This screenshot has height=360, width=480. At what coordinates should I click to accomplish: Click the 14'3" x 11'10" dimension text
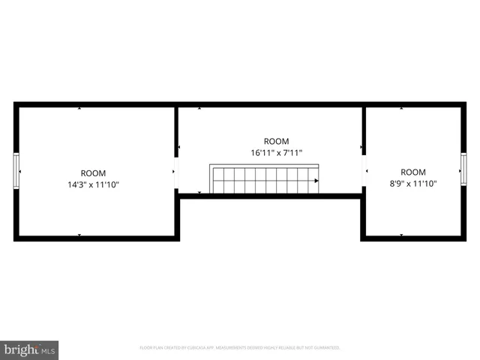pyautogui.click(x=94, y=184)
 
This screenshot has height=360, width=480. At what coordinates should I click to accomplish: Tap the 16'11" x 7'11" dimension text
pyautogui.click(x=276, y=153)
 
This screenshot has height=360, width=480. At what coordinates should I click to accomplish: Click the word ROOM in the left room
pyautogui.click(x=94, y=172)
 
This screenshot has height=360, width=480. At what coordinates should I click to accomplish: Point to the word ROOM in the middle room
pyautogui.click(x=276, y=141)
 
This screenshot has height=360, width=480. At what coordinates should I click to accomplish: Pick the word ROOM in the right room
pyautogui.click(x=412, y=172)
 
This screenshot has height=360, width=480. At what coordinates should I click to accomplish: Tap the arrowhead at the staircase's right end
pyautogui.click(x=316, y=181)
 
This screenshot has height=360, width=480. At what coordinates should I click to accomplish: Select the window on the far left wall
pyautogui.click(x=16, y=171)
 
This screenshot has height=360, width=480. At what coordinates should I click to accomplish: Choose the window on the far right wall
pyautogui.click(x=463, y=171)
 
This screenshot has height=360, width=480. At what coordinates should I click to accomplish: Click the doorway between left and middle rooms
pyautogui.click(x=176, y=171)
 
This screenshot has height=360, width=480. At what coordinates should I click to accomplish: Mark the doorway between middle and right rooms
pyautogui.click(x=364, y=171)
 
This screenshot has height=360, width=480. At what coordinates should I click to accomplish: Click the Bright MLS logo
pyautogui.click(x=29, y=349)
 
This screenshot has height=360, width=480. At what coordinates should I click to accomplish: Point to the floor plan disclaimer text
pyautogui.click(x=240, y=348)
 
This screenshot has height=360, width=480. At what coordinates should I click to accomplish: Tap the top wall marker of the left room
pyautogui.click(x=79, y=109)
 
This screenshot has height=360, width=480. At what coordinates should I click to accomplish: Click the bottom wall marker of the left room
pyautogui.click(x=79, y=235)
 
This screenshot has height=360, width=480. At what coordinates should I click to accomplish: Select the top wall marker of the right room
pyautogui.click(x=401, y=109)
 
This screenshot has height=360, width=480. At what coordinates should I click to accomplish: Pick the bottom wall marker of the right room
pyautogui.click(x=401, y=235)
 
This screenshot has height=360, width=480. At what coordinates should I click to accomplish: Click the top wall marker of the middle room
pyautogui.click(x=199, y=109)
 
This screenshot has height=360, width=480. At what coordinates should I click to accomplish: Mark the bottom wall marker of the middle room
pyautogui.click(x=199, y=193)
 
